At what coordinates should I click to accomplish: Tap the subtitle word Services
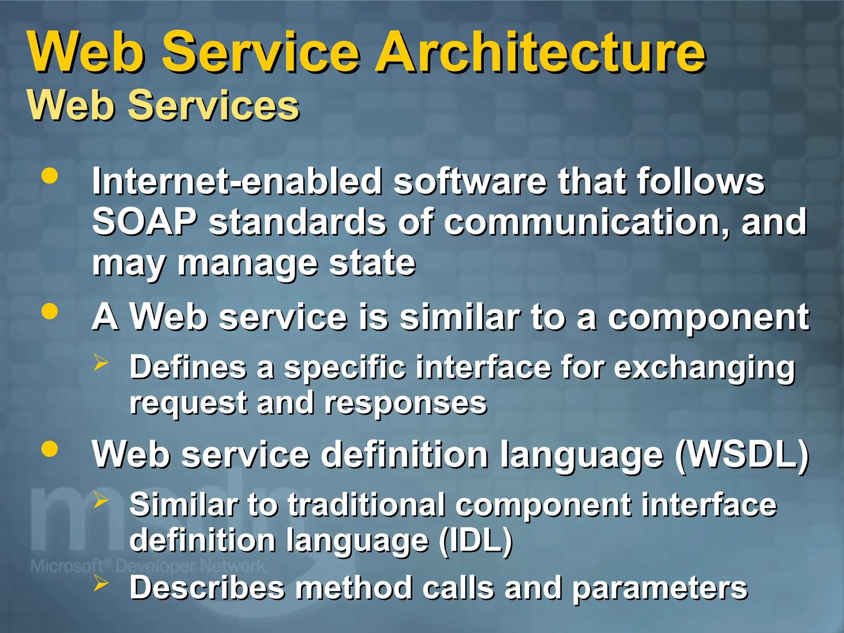[x=213, y=106]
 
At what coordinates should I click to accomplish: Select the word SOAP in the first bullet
[x=144, y=222]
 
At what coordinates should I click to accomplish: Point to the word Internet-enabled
[x=237, y=181]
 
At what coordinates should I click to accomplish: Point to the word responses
[x=406, y=403]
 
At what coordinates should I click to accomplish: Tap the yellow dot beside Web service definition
[x=50, y=448]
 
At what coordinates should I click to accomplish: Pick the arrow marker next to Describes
[x=101, y=583]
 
